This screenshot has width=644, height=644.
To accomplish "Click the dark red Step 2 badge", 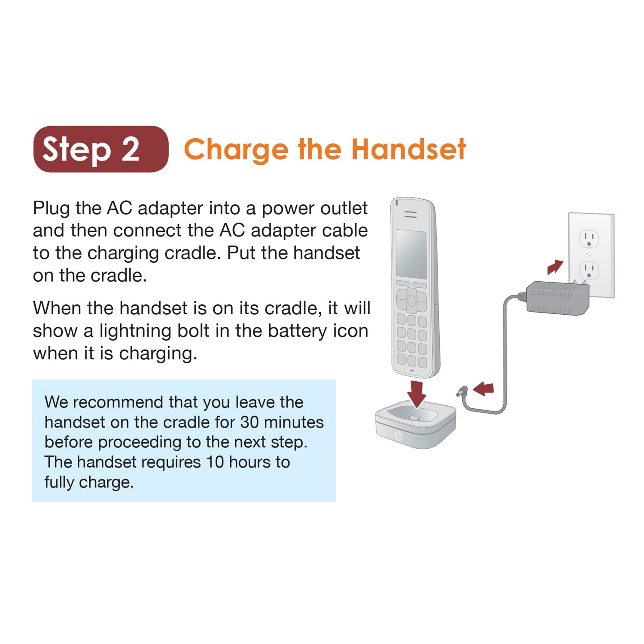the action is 101,149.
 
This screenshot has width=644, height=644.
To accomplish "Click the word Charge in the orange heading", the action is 236,150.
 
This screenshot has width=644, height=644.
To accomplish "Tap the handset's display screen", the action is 411,254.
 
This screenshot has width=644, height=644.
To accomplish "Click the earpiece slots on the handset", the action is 410,214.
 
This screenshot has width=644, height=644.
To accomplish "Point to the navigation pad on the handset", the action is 411,300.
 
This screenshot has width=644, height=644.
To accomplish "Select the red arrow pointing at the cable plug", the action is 483,389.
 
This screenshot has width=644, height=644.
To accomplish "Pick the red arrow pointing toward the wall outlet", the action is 555,267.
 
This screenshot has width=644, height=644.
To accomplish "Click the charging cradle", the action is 415,425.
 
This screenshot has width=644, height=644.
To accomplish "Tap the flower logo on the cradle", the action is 398,436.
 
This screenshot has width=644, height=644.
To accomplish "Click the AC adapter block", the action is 557,298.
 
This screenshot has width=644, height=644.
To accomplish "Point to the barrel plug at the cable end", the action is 462,392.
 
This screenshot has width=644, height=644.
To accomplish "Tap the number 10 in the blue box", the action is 215,462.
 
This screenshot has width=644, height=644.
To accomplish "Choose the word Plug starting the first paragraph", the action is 51,209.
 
